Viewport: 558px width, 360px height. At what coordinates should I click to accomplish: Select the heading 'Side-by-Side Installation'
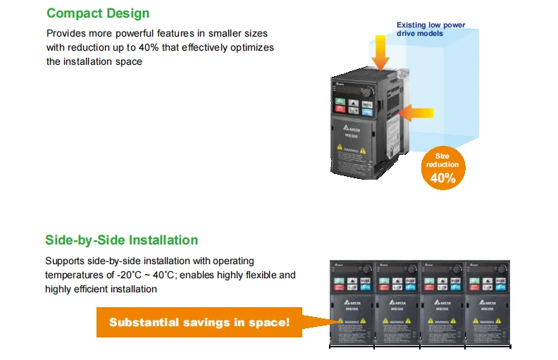tap(121, 240)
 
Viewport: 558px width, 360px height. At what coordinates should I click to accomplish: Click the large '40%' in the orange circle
tap(442, 178)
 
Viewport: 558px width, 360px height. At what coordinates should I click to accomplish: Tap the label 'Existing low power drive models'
tap(430, 29)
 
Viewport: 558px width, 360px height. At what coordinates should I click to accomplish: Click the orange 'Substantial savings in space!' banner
tap(199, 322)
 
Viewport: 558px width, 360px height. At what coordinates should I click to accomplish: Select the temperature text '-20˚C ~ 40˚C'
tap(137, 275)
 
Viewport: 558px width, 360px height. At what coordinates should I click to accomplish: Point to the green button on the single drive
tap(340, 104)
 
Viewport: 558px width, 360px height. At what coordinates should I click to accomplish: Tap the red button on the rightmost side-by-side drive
tap(475, 288)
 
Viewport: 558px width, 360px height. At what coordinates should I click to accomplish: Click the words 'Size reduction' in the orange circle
tap(442, 160)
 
